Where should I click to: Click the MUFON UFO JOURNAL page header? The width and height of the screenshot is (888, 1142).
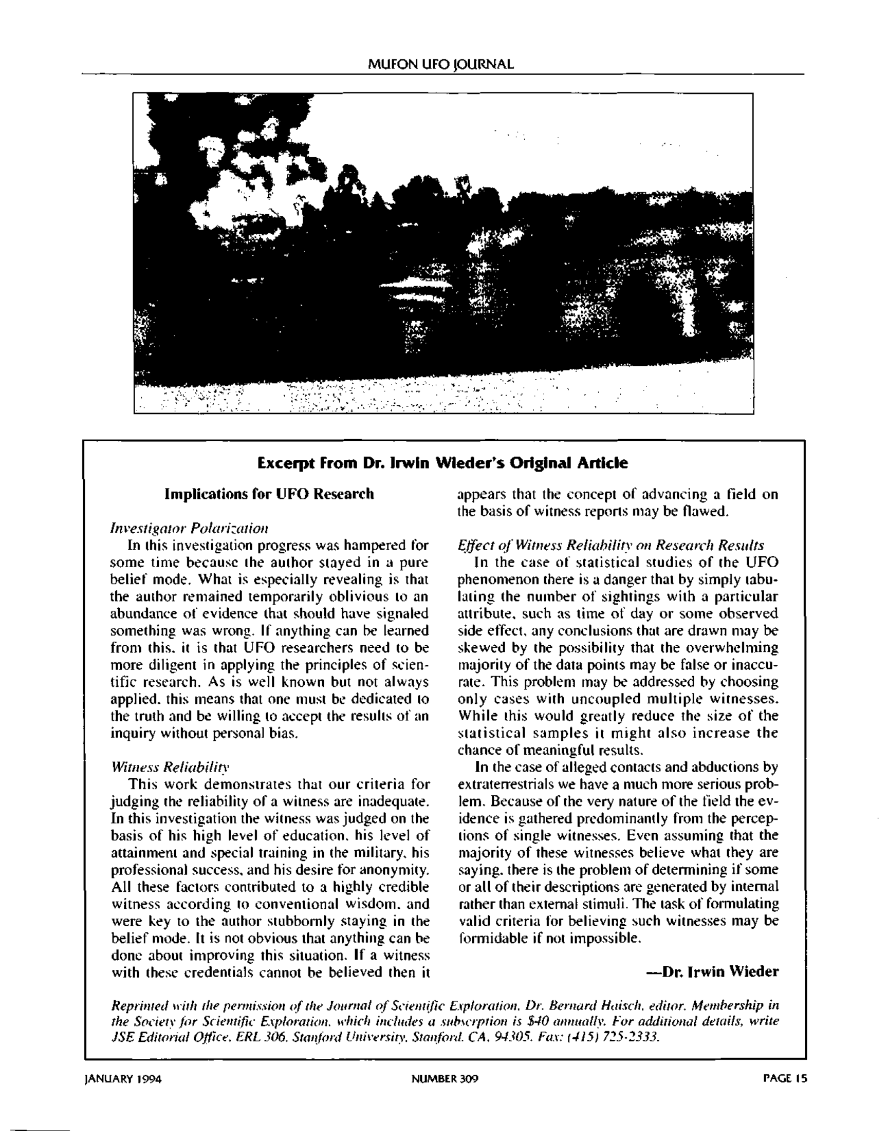tap(440, 64)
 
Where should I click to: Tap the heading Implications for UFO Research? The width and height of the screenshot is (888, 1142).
tap(269, 494)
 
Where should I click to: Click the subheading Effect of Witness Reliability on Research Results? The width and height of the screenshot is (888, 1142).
tap(610, 545)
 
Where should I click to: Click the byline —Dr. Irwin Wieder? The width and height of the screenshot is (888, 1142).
tap(712, 971)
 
